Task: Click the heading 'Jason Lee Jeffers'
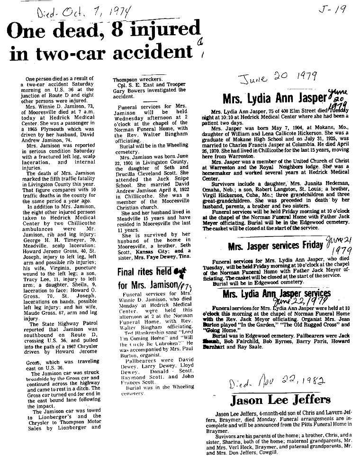pyautogui.click(x=280, y=399)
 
